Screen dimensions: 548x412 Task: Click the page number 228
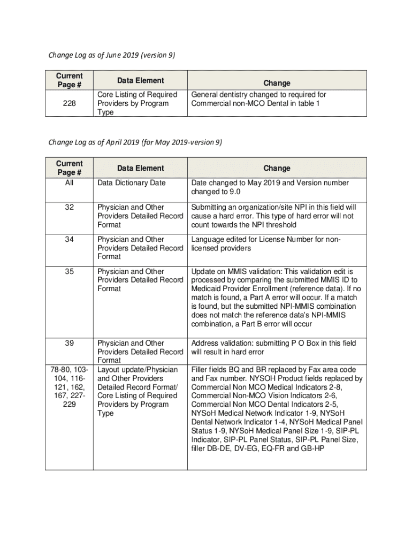point(70,104)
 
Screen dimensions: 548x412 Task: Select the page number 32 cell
point(70,207)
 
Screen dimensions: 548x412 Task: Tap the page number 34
point(70,239)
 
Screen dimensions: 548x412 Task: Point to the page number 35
point(70,271)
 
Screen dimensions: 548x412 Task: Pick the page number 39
point(70,343)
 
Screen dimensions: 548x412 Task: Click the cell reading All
point(70,183)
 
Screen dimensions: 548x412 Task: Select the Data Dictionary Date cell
point(132,183)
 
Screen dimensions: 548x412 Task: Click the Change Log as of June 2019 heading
point(112,55)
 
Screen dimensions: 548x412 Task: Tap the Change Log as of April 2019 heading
point(135,142)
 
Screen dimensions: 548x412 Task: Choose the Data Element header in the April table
point(141,168)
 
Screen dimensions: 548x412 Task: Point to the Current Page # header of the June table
point(70,80)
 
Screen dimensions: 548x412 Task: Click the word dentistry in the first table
point(239,95)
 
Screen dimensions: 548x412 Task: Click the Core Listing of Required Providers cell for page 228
point(137,103)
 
